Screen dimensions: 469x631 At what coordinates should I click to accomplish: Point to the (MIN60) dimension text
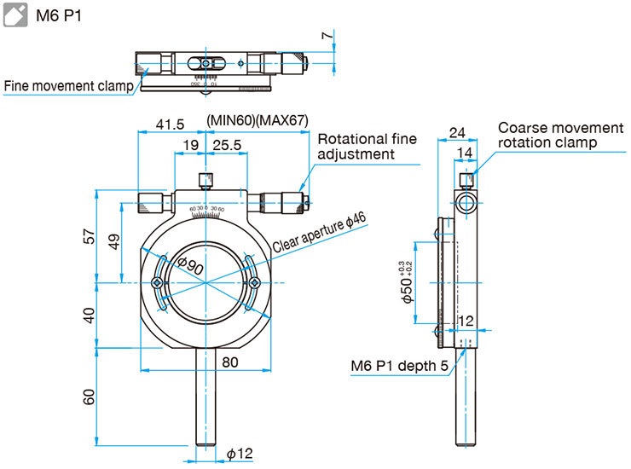tap(231, 120)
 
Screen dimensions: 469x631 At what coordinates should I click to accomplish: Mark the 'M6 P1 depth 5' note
tap(399, 367)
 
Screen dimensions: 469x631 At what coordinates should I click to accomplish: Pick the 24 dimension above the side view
tap(456, 133)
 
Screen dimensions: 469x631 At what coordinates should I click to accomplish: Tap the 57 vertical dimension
tap(89, 236)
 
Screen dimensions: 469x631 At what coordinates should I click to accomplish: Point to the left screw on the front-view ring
tap(156, 283)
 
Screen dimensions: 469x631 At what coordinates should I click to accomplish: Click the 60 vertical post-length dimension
tap(89, 397)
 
